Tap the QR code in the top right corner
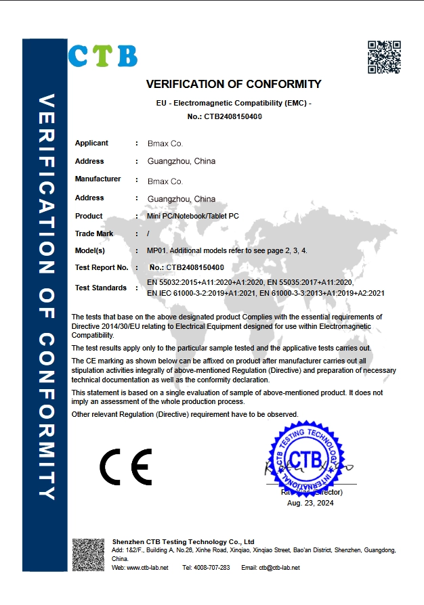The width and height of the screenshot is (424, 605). [x=384, y=57]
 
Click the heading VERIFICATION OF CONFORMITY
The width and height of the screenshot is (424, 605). [x=234, y=85]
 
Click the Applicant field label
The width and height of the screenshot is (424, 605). [x=91, y=143]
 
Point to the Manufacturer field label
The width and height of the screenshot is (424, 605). [x=98, y=179]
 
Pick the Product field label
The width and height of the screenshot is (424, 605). [x=89, y=217]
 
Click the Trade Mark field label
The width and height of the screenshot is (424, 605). [x=94, y=234]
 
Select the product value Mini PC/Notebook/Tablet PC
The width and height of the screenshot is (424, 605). [x=193, y=217]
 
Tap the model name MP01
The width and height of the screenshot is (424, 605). [x=156, y=251]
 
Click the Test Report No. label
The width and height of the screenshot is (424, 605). [x=102, y=268]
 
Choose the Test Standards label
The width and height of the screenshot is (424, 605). [x=101, y=288]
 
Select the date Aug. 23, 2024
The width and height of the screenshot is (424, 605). [x=310, y=503]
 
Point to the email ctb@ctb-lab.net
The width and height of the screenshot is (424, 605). [x=279, y=568]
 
